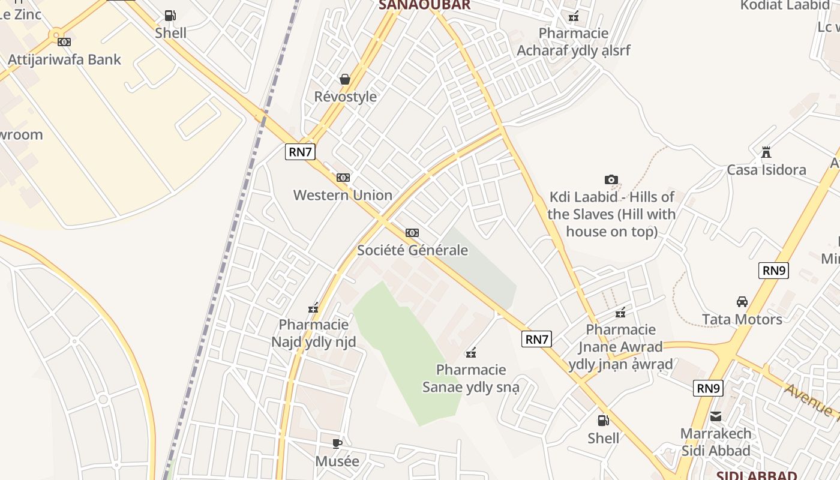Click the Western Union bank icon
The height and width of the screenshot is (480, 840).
point(343,178)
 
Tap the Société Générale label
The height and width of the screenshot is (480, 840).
point(412,250)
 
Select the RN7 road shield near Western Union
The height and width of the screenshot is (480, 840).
point(300,152)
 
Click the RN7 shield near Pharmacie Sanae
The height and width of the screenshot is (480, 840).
point(536,339)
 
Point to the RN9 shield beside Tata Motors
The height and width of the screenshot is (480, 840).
point(773,271)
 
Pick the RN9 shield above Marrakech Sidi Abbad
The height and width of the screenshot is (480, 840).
point(708,388)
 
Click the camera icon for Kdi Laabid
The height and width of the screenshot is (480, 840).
point(611,179)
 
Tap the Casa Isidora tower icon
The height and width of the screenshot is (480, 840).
point(766,152)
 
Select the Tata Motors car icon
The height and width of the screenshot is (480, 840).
point(742,302)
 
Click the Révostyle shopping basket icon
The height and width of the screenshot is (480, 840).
point(345,79)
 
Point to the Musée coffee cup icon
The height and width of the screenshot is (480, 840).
point(337,444)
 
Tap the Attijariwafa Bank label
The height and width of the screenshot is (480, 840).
point(64,59)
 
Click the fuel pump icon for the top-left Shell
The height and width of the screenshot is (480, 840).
point(170,16)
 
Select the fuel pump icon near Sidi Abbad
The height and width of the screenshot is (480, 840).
point(603,421)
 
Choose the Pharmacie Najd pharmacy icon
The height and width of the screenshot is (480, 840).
point(313,308)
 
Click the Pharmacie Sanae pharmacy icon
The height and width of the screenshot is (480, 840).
point(472,352)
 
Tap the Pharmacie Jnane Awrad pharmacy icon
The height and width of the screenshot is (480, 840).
point(620,312)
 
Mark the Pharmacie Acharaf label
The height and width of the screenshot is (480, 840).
point(574,42)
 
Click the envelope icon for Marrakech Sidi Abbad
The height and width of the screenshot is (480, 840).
point(716,416)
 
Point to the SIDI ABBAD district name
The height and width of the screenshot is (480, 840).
point(757,476)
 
